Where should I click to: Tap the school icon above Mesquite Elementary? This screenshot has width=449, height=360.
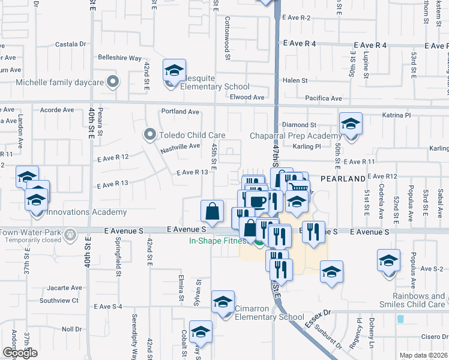(174, 71)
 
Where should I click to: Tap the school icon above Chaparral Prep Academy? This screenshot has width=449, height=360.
(351, 124)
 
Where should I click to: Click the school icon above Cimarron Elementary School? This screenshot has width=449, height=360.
(223, 301)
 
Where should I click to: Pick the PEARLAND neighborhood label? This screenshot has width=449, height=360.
(343, 179)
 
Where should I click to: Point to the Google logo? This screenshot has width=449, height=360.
(20, 353)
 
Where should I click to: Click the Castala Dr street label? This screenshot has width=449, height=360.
(71, 44)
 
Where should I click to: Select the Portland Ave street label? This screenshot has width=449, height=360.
(179, 112)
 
